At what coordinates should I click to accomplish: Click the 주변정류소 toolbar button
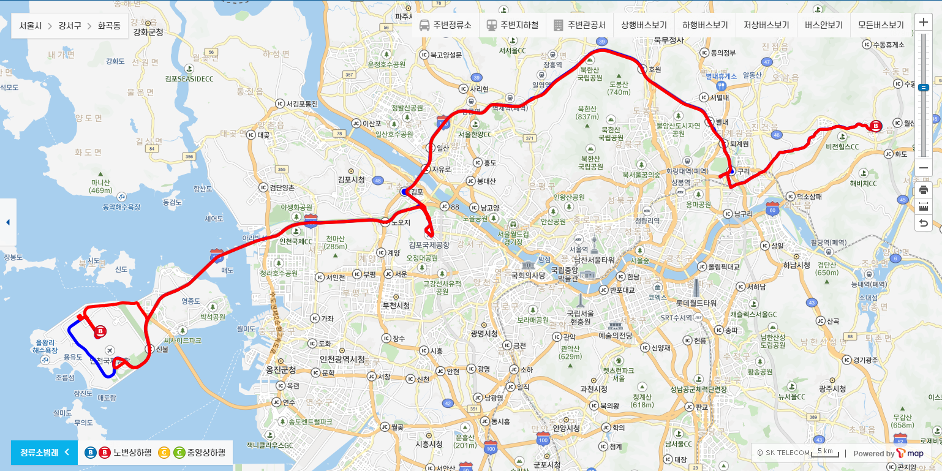(x=445, y=26)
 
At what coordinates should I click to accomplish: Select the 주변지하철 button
(x=513, y=26)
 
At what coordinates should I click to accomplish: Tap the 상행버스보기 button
(x=644, y=26)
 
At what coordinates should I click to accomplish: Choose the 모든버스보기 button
(x=881, y=26)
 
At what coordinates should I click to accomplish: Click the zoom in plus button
(x=924, y=21)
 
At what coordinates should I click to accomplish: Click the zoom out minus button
(x=924, y=168)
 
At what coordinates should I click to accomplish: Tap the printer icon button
(x=924, y=189)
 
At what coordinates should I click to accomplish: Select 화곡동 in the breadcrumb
(x=109, y=26)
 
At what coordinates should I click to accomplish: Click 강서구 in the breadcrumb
(x=70, y=26)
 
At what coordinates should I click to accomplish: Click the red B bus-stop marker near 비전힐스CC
(x=876, y=126)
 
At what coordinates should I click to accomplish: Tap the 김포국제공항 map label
(x=429, y=244)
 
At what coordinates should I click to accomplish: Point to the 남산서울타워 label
(x=594, y=259)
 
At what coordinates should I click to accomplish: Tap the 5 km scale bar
(x=824, y=452)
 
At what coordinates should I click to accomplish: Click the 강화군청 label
(x=148, y=32)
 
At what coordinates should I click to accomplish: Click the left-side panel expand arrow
(x=8, y=222)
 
